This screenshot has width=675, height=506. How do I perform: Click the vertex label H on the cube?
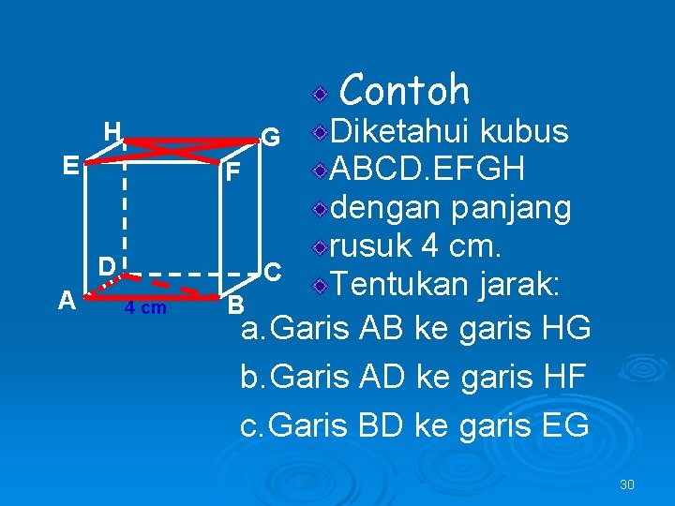point(112,131)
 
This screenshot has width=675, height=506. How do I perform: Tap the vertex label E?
point(69,166)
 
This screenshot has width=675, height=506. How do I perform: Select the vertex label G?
point(270,138)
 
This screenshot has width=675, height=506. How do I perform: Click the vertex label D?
point(109,266)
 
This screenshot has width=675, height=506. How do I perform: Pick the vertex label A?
point(66,300)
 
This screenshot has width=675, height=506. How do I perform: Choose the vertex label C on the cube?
point(272,272)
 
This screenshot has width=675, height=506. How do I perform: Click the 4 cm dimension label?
point(145,308)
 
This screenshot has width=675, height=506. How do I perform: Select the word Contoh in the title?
point(404,90)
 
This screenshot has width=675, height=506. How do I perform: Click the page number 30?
point(627,484)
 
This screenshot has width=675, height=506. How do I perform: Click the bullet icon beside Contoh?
point(321,95)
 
